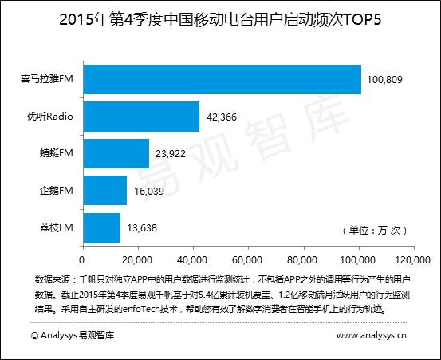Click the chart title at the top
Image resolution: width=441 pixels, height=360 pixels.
click(220, 20)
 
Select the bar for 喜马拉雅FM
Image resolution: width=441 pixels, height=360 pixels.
click(222, 80)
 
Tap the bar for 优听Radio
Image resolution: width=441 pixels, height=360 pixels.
click(141, 117)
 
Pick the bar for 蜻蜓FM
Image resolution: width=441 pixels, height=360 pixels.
click(116, 153)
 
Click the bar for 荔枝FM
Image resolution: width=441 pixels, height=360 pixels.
click(101, 227)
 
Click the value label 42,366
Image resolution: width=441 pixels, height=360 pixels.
click(224, 117)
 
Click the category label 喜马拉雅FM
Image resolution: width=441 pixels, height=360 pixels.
click(48, 80)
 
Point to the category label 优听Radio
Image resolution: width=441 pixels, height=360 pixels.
click(51, 117)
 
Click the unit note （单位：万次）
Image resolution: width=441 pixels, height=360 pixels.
click(374, 231)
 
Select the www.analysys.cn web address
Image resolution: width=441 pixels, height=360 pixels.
click(372, 336)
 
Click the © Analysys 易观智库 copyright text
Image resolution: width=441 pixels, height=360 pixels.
click(72, 336)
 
